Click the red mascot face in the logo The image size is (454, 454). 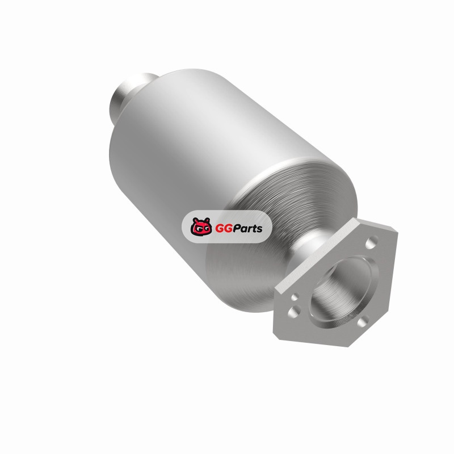coord(201,226)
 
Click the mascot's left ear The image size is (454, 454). coord(195,220)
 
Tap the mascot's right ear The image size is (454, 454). coord(207,220)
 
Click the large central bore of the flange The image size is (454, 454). coord(344,291)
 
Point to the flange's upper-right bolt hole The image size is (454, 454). coord(372,242)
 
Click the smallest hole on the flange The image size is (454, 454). coord(295,297)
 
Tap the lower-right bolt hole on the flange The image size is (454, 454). coord(363,321)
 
